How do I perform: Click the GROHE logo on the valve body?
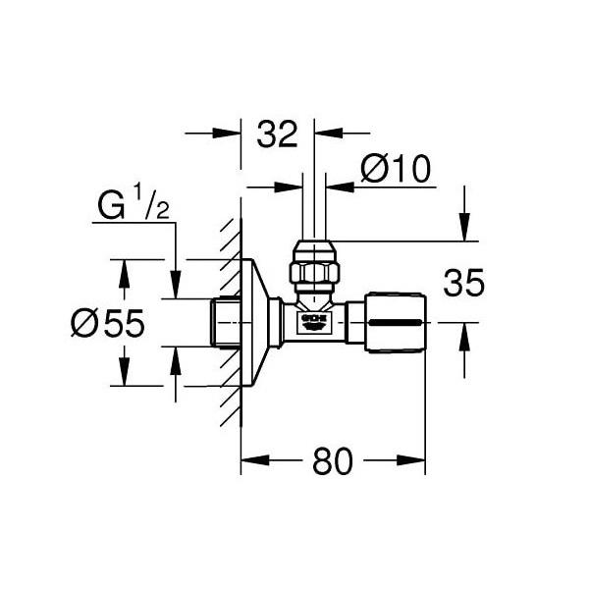coord(313,322)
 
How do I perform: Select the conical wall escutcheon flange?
coord(257,321)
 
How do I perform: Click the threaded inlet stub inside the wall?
coord(225,322)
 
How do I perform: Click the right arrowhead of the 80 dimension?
coord(416,458)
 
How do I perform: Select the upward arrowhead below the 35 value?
coord(465,333)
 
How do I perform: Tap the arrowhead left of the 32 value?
coord(232,132)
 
